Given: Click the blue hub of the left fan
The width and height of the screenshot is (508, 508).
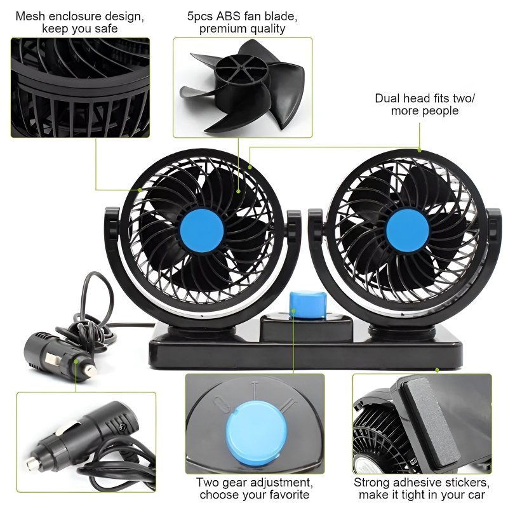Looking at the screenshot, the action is pos(201,230).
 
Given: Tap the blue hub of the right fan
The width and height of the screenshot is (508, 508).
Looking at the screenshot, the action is pos(408,231).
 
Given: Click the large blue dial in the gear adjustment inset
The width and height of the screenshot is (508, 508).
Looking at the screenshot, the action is pos(257,431).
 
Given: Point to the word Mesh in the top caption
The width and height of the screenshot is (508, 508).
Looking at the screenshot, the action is pos(29,17).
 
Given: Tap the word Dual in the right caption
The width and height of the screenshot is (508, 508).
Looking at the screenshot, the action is pos(387,98).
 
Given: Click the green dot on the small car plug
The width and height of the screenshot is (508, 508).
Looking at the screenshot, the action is pos(76,361).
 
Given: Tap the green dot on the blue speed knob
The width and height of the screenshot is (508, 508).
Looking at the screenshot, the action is pos(293,311).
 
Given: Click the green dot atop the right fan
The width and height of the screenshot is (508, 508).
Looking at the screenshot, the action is pos(420,150).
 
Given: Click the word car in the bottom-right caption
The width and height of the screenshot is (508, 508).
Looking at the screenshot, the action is pos(475,495).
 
